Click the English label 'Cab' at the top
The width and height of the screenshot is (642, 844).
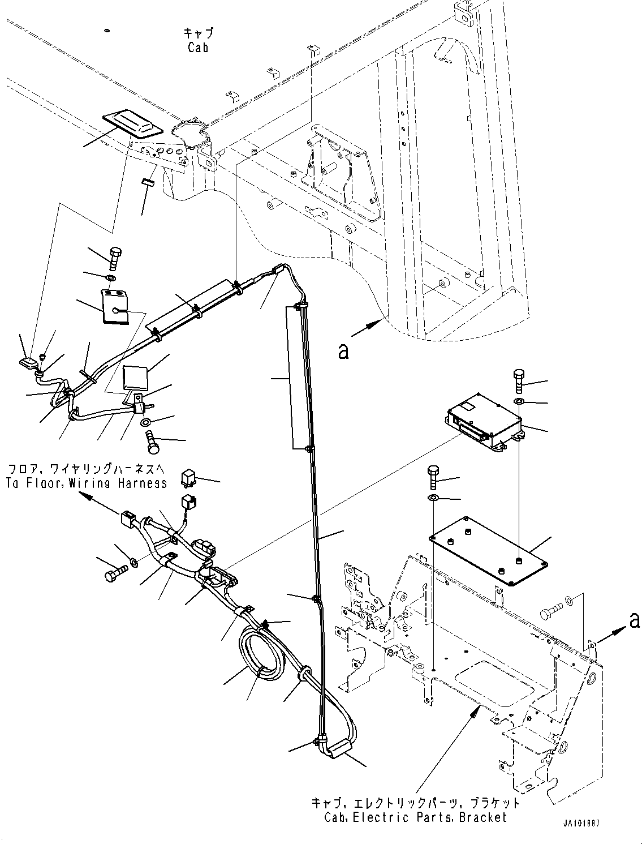198,48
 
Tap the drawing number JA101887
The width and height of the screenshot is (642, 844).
581,823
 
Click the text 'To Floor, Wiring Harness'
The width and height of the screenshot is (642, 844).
87,483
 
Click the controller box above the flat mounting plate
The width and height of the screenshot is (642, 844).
485,421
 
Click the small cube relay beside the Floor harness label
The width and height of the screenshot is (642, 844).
189,478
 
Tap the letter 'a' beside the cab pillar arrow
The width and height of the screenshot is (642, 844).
343,352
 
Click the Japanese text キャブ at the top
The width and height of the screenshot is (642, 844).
198,33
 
